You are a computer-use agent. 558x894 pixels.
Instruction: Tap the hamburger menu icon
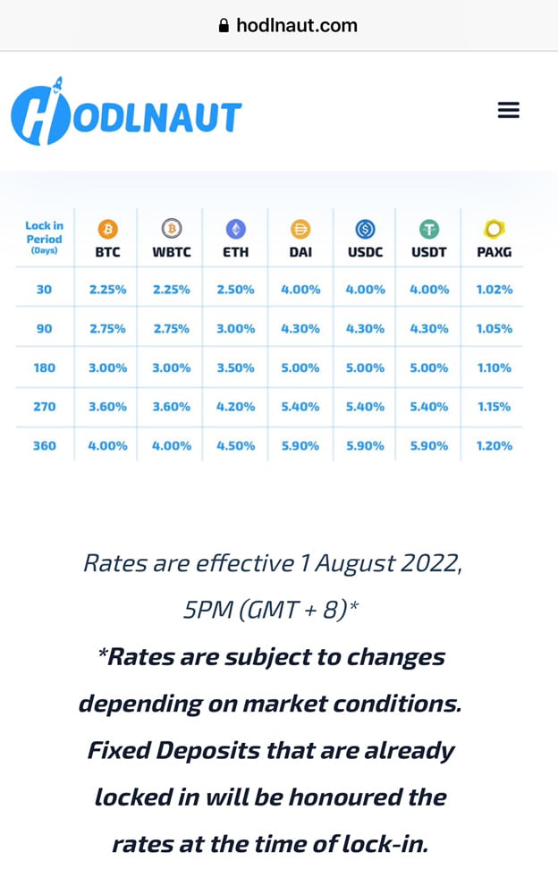click(x=508, y=110)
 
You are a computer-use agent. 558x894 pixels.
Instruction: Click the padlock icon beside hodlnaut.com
click(x=224, y=26)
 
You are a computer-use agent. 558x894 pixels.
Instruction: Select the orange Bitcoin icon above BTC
click(x=107, y=230)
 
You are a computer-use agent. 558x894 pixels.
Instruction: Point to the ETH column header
click(x=235, y=252)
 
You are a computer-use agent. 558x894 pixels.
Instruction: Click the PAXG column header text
click(x=494, y=252)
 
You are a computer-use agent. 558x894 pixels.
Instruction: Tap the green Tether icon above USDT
click(x=429, y=230)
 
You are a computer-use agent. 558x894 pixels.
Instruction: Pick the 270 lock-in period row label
click(x=45, y=407)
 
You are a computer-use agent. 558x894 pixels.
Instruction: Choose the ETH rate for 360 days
click(x=235, y=445)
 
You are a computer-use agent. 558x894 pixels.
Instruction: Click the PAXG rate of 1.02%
click(x=494, y=290)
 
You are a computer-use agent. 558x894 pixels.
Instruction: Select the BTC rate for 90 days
click(x=107, y=329)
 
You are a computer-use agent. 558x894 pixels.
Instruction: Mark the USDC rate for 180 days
click(x=365, y=367)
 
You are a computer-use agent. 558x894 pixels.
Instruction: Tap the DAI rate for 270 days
click(x=300, y=407)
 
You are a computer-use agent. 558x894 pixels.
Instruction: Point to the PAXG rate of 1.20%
click(x=494, y=445)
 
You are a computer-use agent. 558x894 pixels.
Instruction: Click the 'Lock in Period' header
click(x=44, y=238)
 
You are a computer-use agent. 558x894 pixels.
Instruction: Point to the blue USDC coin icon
click(x=365, y=230)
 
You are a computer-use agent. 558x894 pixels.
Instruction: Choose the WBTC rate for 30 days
click(x=171, y=290)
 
